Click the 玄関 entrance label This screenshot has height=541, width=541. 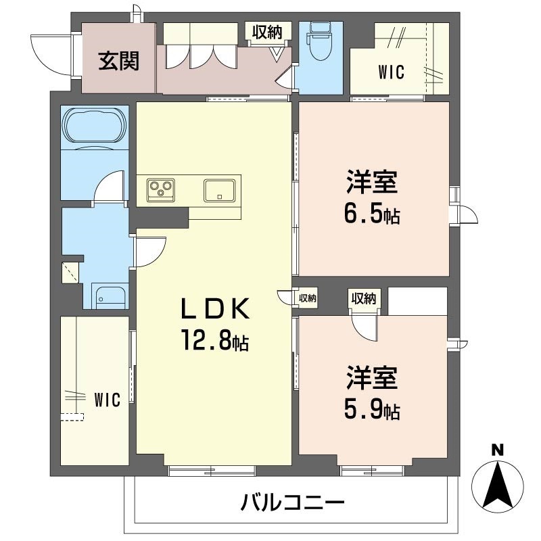click(119, 61)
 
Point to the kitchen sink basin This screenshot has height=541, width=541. click(219, 189)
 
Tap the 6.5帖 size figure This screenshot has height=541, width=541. click(373, 215)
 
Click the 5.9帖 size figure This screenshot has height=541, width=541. click(373, 410)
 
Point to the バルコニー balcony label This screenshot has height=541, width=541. click(293, 502)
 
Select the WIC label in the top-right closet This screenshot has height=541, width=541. click(391, 72)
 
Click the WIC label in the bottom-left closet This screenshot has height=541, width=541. click(107, 400)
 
